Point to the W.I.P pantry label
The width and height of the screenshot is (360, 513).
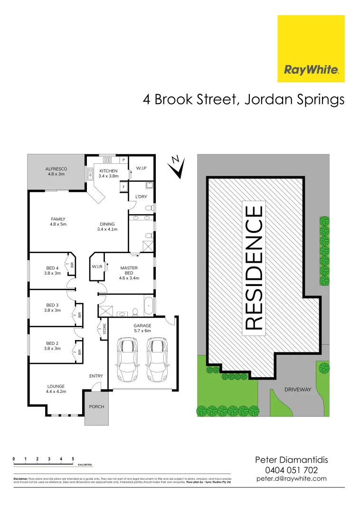141,169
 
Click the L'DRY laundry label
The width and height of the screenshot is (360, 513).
141,197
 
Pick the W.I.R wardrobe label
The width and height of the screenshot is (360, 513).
97,267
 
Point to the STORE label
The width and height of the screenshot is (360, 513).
104,328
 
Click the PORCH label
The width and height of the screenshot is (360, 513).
96,407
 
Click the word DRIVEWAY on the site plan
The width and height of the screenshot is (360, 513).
297,389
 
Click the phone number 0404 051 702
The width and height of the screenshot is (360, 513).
292,470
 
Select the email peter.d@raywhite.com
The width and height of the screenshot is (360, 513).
292,478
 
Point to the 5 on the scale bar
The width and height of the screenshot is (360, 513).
73,458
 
